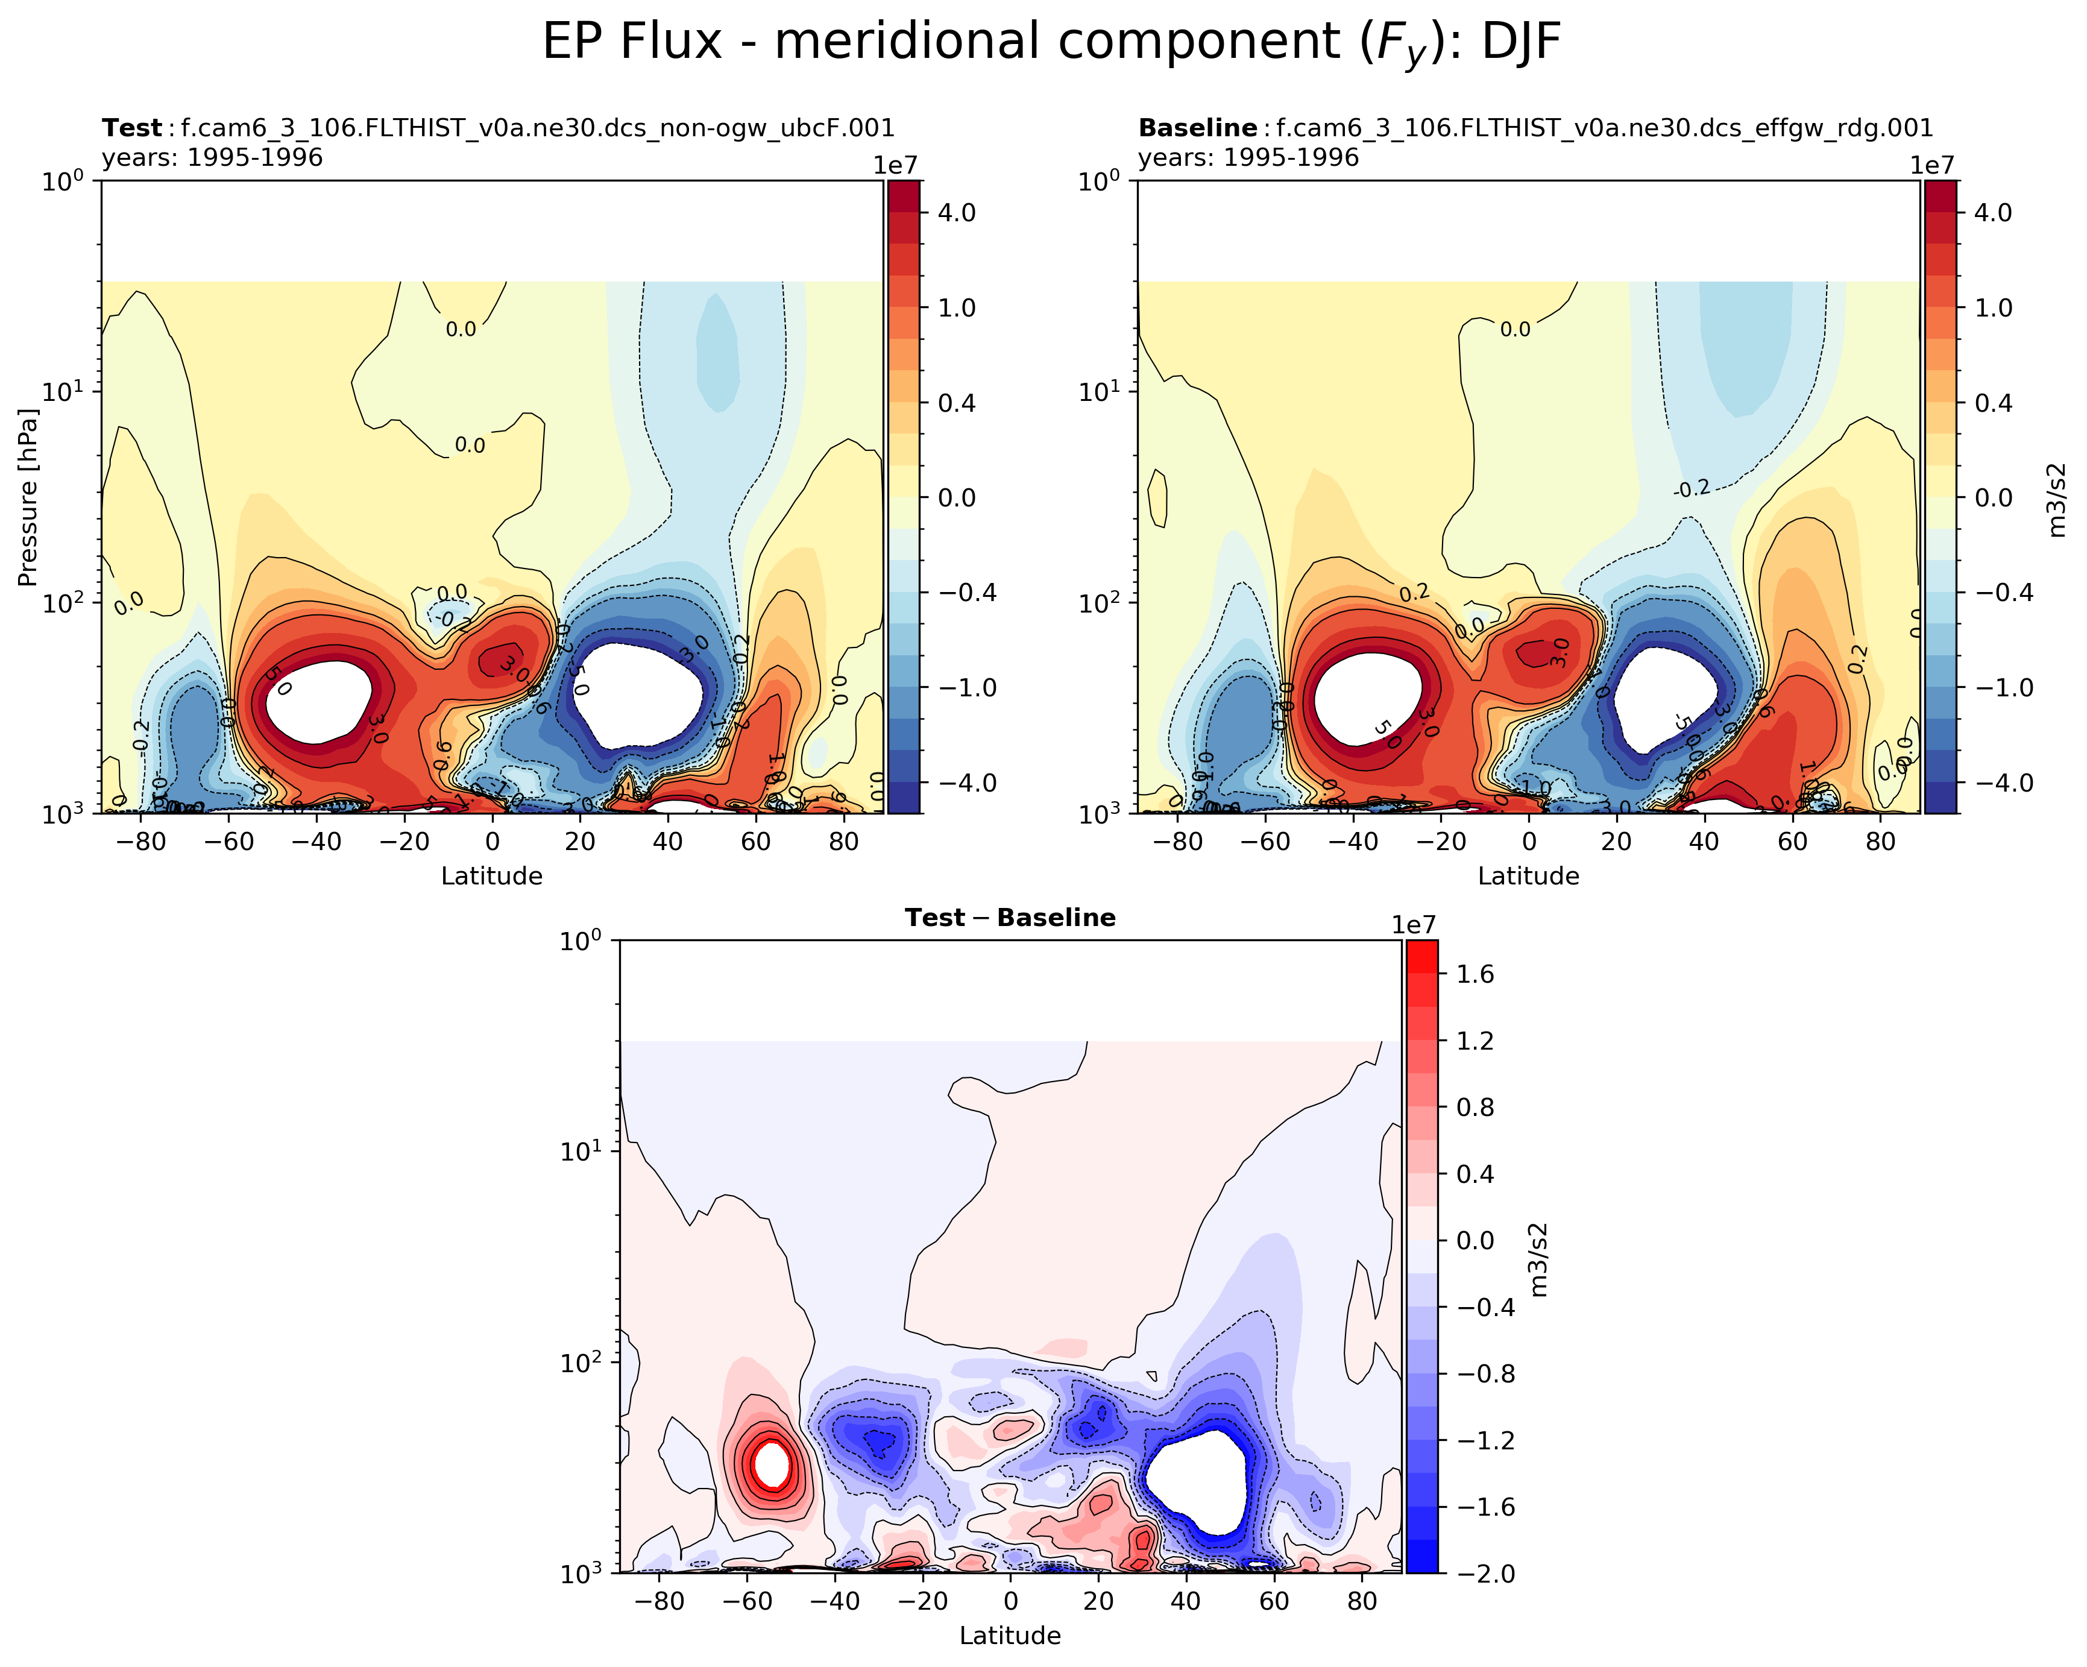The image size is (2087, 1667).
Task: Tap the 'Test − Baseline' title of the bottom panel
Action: tap(1010, 917)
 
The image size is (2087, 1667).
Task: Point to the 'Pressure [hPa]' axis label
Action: tap(27, 497)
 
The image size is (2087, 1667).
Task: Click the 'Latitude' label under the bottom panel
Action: tap(1010, 1635)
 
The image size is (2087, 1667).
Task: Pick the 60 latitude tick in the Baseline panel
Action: tap(1792, 841)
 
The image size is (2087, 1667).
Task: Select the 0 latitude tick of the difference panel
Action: tap(1010, 1600)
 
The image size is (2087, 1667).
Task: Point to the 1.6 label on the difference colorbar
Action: tap(1475, 974)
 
